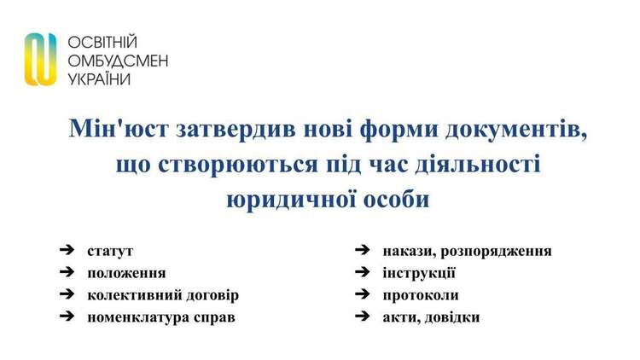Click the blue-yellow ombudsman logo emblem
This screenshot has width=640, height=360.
click(x=40, y=59)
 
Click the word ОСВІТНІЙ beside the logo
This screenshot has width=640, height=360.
click(x=102, y=42)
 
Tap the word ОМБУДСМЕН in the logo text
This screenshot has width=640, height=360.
click(x=118, y=61)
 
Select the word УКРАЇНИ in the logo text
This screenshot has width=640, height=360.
click(x=99, y=78)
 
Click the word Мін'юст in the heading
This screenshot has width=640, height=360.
click(x=119, y=128)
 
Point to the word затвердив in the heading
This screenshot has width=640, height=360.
click(x=236, y=128)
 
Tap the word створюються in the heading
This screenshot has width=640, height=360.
click(x=238, y=165)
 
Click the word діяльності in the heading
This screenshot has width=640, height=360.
click(x=478, y=164)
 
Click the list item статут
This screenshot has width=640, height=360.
click(x=110, y=251)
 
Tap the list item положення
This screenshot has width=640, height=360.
click(x=126, y=273)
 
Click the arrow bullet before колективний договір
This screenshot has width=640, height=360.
click(x=67, y=294)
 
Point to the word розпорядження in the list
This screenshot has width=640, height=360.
click(x=496, y=252)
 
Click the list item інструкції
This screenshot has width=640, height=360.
click(x=419, y=273)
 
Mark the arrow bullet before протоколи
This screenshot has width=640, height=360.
click(x=363, y=293)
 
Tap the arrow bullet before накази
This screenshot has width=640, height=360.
click(x=363, y=250)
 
